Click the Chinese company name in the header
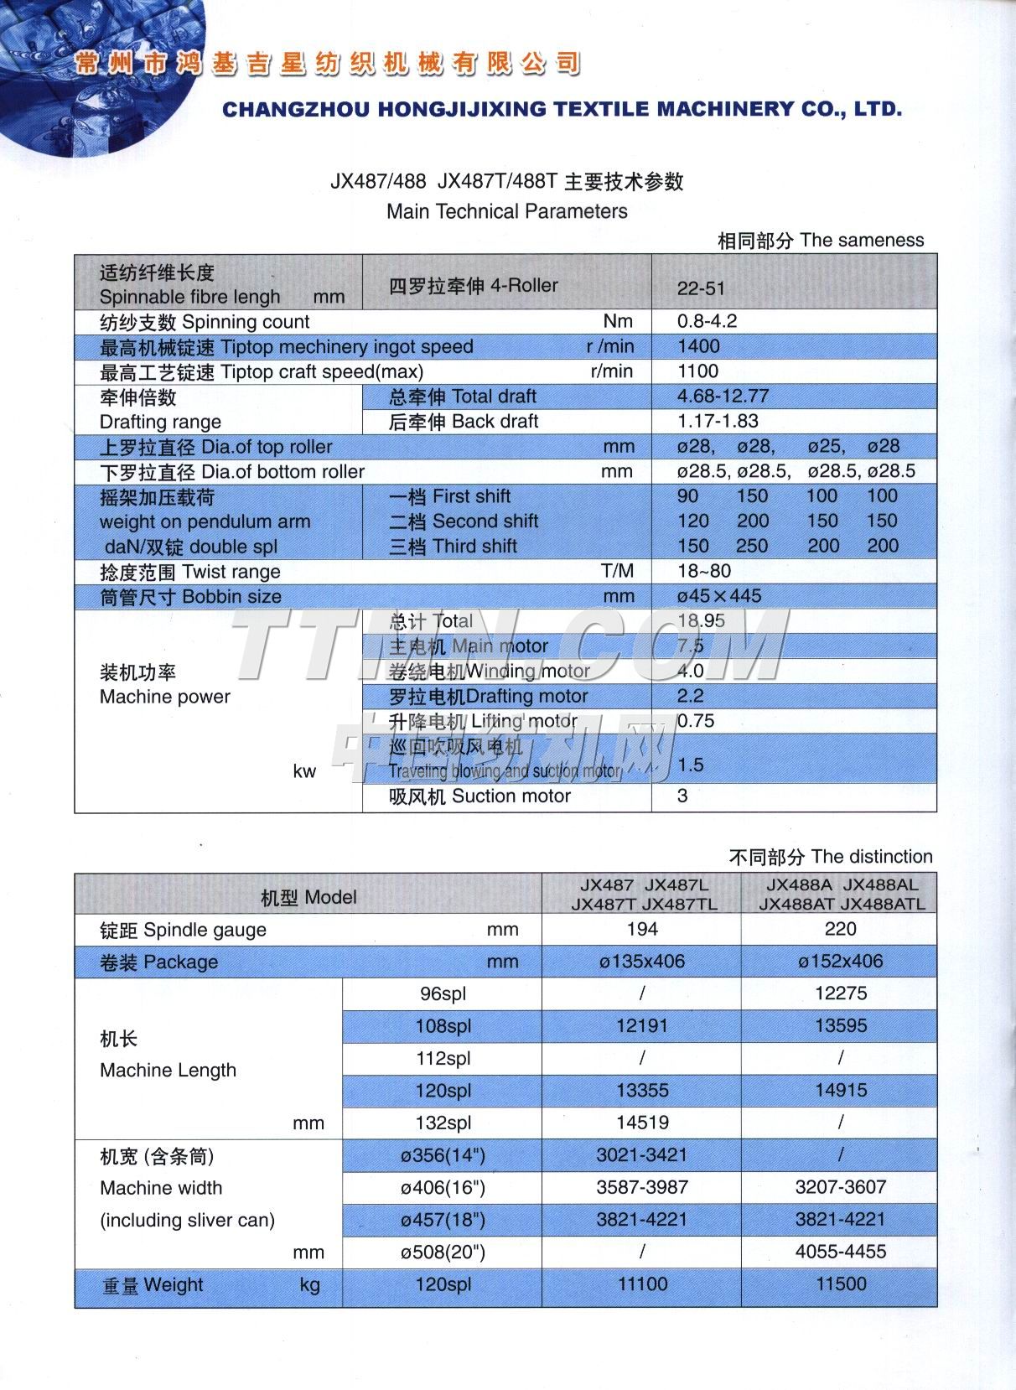(327, 64)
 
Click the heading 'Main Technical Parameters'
(506, 211)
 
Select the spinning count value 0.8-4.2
(707, 321)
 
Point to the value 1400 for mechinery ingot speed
(698, 346)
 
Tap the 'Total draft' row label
(462, 397)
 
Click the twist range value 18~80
(703, 571)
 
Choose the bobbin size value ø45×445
(718, 596)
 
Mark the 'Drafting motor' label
(488, 696)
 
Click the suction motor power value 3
(682, 796)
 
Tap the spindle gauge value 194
(641, 929)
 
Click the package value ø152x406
(840, 962)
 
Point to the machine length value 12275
(840, 993)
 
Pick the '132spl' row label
(443, 1123)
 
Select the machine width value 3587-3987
(641, 1187)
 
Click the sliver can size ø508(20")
(443, 1252)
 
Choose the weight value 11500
(840, 1284)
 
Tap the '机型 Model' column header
(308, 897)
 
